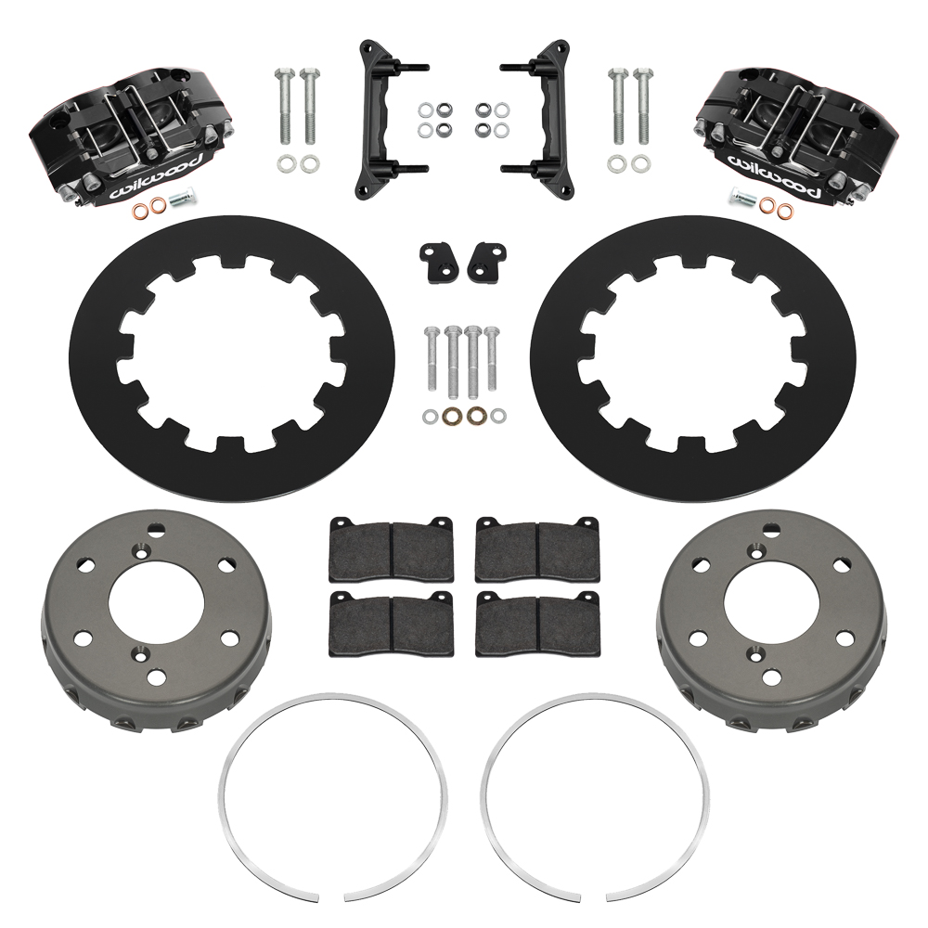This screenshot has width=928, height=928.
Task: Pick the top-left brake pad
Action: pyautogui.click(x=390, y=548)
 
